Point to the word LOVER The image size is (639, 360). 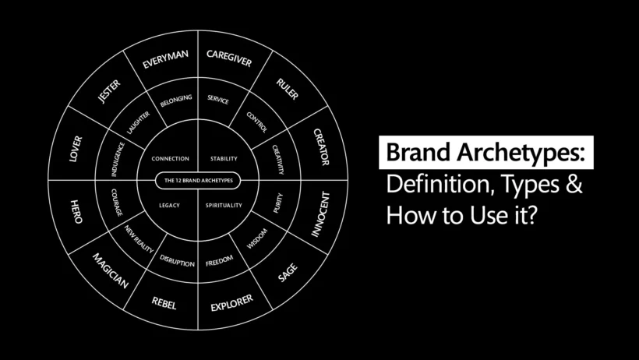click(x=76, y=148)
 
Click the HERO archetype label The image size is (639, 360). click(x=76, y=212)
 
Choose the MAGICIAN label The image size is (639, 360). click(x=110, y=269)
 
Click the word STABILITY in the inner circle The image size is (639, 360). click(x=224, y=159)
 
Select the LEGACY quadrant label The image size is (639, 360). click(x=170, y=205)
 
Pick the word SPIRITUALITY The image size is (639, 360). click(x=225, y=205)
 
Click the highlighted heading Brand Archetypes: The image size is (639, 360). click(x=485, y=153)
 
